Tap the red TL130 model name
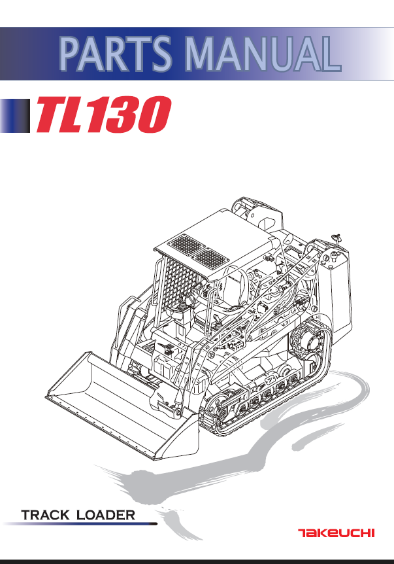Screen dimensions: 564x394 (x=105, y=115)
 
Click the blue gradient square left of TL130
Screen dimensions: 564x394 (x=16, y=116)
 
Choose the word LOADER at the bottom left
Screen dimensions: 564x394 (x=106, y=514)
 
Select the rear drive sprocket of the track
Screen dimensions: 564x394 (x=306, y=344)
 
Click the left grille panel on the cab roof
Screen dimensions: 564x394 (x=186, y=246)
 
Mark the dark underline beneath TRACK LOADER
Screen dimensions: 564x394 (x=78, y=523)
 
